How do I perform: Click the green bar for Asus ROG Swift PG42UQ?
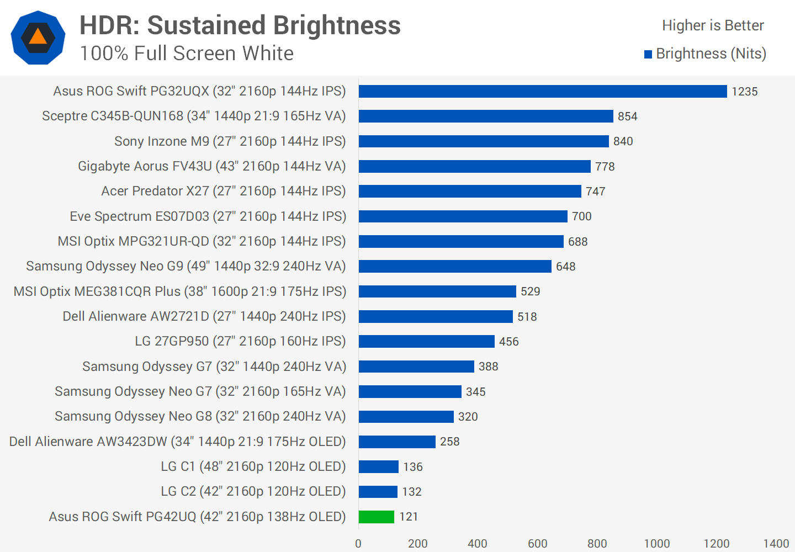(377, 517)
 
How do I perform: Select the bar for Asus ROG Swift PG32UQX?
(543, 91)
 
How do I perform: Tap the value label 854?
(628, 116)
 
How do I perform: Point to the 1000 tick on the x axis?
(657, 544)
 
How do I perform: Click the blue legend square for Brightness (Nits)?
(648, 54)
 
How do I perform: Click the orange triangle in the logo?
(38, 37)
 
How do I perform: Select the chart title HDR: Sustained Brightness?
(240, 25)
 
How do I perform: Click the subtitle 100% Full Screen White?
(187, 54)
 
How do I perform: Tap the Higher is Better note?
(713, 25)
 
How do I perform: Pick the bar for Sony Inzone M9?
(484, 141)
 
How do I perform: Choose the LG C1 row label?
(253, 466)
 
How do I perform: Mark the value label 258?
(450, 442)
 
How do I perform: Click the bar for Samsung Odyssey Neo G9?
(455, 266)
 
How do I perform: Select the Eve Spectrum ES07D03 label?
(208, 216)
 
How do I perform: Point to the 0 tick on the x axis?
(358, 544)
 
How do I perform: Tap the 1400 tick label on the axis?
(776, 544)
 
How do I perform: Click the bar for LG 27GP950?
(426, 341)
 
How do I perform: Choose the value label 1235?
(745, 92)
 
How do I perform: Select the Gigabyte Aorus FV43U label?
(212, 166)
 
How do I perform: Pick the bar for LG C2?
(378, 491)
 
